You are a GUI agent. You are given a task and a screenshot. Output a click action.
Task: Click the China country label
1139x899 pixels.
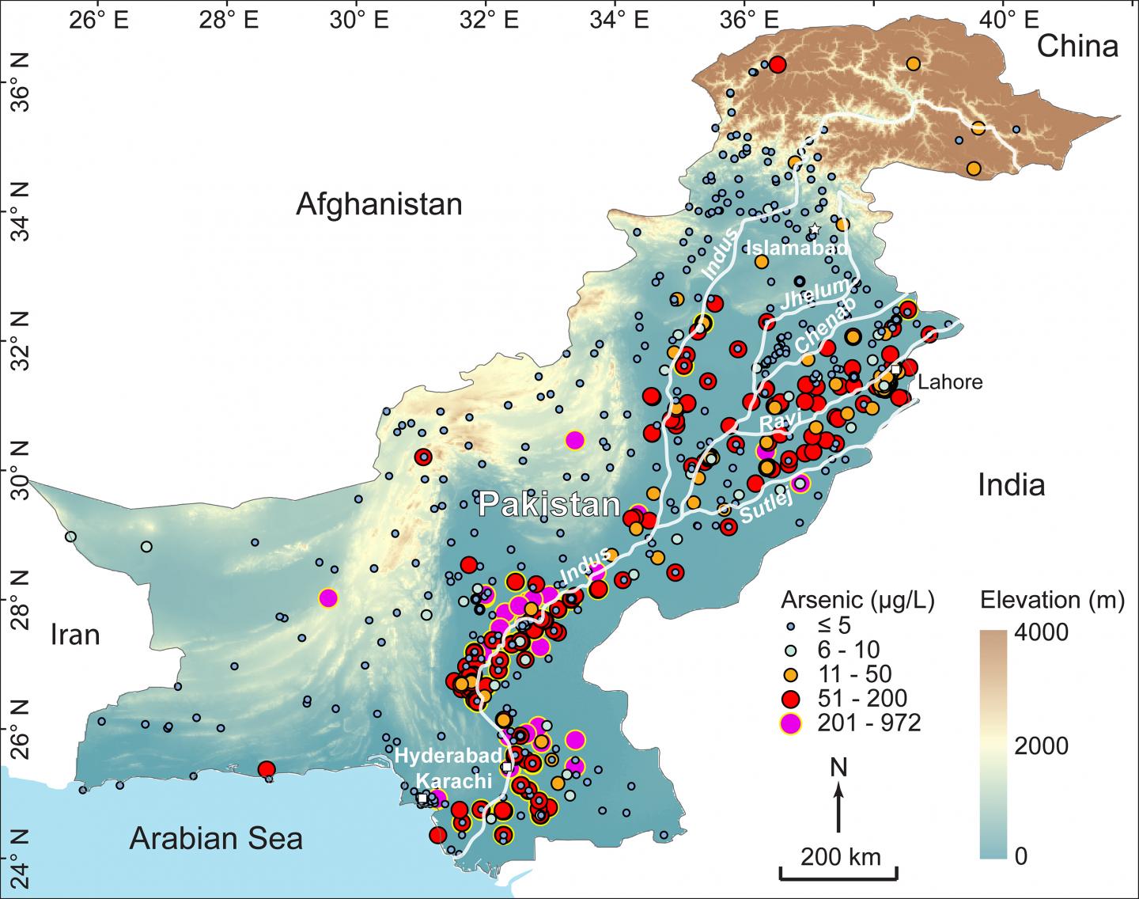tap(1077, 47)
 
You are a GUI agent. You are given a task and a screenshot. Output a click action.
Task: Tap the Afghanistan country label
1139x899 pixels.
tap(379, 205)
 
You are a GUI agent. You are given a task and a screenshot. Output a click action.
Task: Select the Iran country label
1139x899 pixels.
tap(75, 635)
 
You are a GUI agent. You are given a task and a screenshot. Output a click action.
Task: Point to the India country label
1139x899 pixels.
tap(1011, 484)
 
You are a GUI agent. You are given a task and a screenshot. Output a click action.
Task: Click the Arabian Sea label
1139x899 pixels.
tap(217, 837)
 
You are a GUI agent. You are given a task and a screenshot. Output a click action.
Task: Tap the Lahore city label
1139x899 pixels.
tap(949, 383)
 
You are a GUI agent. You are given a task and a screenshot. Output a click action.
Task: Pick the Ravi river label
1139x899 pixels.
tap(779, 419)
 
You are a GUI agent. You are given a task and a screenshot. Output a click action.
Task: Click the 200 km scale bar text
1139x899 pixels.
tap(839, 856)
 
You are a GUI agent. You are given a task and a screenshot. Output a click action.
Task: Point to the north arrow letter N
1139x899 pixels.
tap(839, 767)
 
